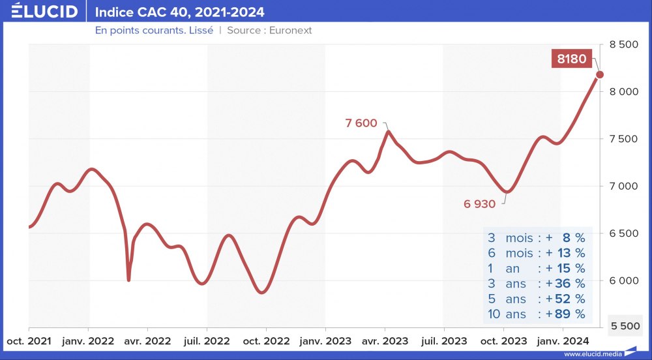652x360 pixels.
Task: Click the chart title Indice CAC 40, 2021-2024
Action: tap(180, 12)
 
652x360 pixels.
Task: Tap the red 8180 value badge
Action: tap(571, 59)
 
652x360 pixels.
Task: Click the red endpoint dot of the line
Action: tap(600, 74)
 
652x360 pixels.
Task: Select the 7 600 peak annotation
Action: tap(361, 123)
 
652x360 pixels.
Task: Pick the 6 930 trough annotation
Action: tap(480, 203)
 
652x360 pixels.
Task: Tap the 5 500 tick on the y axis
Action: tap(624, 325)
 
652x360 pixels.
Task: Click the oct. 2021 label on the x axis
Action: tap(29, 340)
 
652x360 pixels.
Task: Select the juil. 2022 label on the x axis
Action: tap(207, 340)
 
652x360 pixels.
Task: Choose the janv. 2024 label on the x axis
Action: tap(562, 340)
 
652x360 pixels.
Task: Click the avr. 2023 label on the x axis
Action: tap(385, 340)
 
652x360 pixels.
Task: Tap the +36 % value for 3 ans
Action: tap(566, 284)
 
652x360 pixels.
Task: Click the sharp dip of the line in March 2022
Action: tap(128, 280)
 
